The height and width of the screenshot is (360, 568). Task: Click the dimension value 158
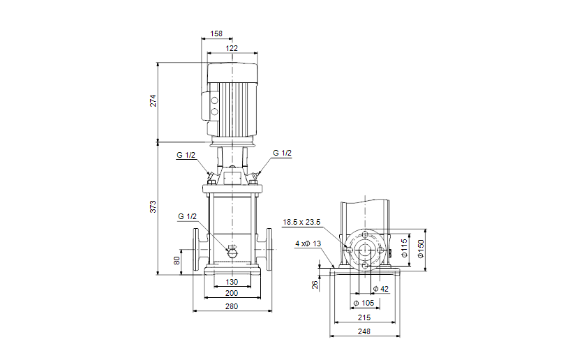[x=216, y=33]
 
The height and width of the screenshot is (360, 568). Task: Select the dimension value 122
[x=232, y=48]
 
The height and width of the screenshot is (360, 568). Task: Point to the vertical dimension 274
[x=154, y=100]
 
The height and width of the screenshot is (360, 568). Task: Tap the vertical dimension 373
[x=154, y=207]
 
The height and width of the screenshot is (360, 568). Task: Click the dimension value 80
[x=177, y=261]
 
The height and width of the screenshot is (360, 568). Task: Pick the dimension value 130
[x=232, y=283]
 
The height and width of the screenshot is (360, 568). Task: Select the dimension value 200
[x=232, y=294]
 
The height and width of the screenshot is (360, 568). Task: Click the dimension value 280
[x=232, y=306]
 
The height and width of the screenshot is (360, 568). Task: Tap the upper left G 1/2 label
[x=187, y=156]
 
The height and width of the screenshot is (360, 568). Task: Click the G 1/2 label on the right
[x=282, y=153]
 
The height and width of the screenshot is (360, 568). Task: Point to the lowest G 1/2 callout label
[x=188, y=216]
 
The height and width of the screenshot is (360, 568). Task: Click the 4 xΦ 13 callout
[x=308, y=243]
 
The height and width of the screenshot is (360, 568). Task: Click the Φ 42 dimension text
[x=380, y=289]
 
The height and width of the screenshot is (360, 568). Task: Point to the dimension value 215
[x=364, y=317]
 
